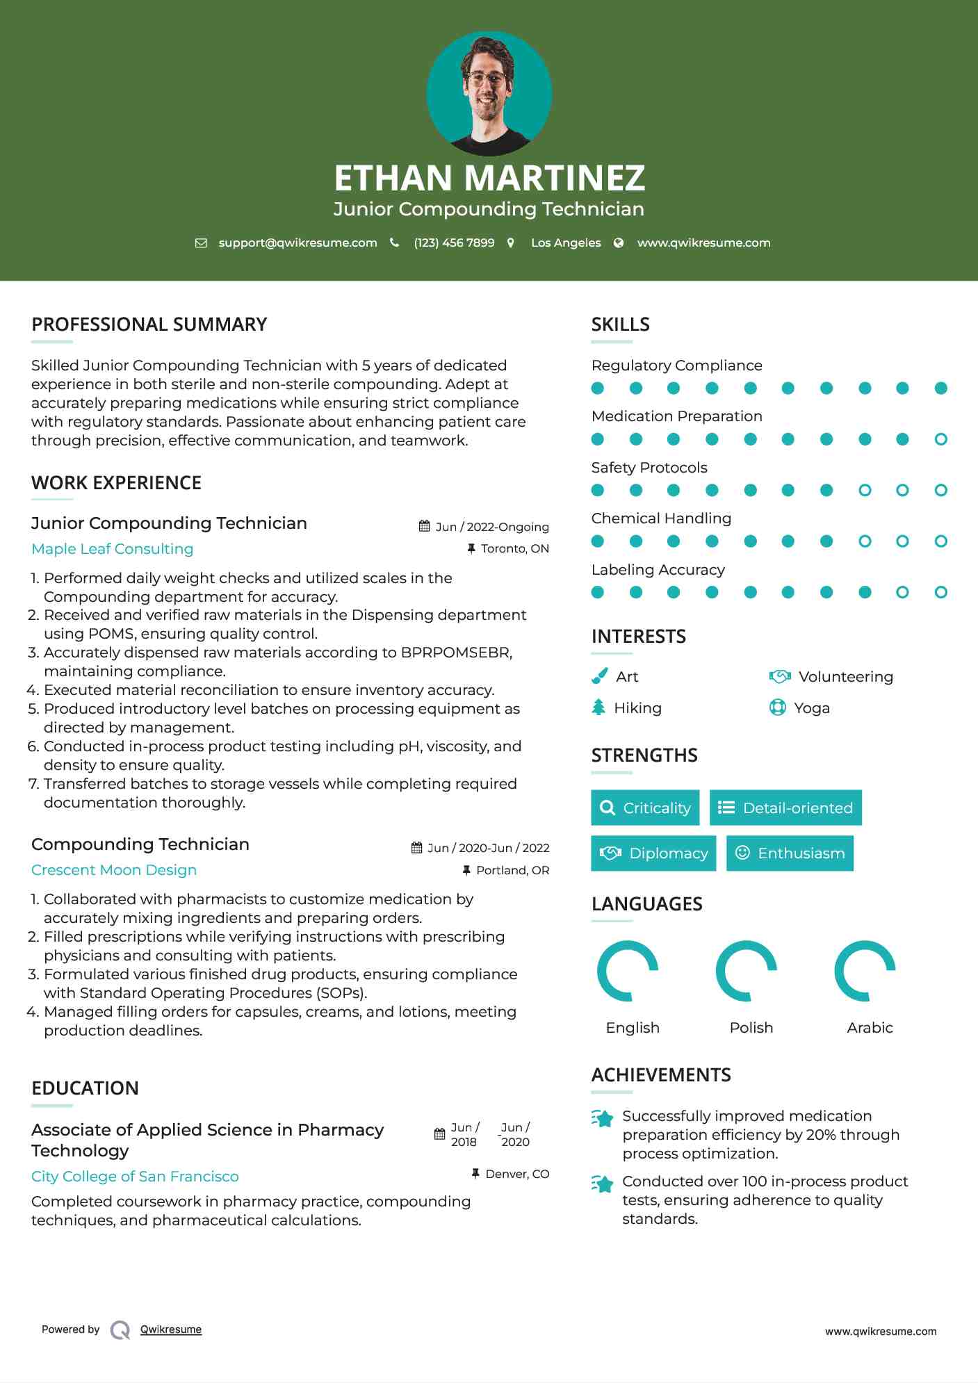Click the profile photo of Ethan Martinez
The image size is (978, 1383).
point(489,93)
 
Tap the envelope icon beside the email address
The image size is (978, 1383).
point(201,243)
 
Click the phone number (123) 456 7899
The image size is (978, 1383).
point(454,243)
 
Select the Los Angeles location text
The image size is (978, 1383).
point(565,243)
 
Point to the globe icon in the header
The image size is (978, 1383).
point(619,243)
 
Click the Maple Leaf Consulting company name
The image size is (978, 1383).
point(112,549)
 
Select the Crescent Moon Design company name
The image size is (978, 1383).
point(114,870)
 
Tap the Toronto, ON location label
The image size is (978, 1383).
point(514,549)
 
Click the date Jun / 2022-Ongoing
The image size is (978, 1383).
point(491,527)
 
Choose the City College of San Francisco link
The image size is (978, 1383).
point(135,1177)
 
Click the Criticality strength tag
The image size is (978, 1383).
point(645,808)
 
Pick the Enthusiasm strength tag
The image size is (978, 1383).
point(790,853)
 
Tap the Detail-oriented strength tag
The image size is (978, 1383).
point(785,808)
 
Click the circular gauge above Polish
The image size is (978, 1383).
point(747,971)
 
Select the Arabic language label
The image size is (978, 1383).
point(870,1028)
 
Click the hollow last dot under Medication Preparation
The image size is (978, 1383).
point(940,439)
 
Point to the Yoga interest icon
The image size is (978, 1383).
point(778,707)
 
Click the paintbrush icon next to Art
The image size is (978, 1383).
point(599,676)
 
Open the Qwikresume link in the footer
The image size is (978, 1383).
point(171,1329)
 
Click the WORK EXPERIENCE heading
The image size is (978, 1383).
point(116,483)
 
